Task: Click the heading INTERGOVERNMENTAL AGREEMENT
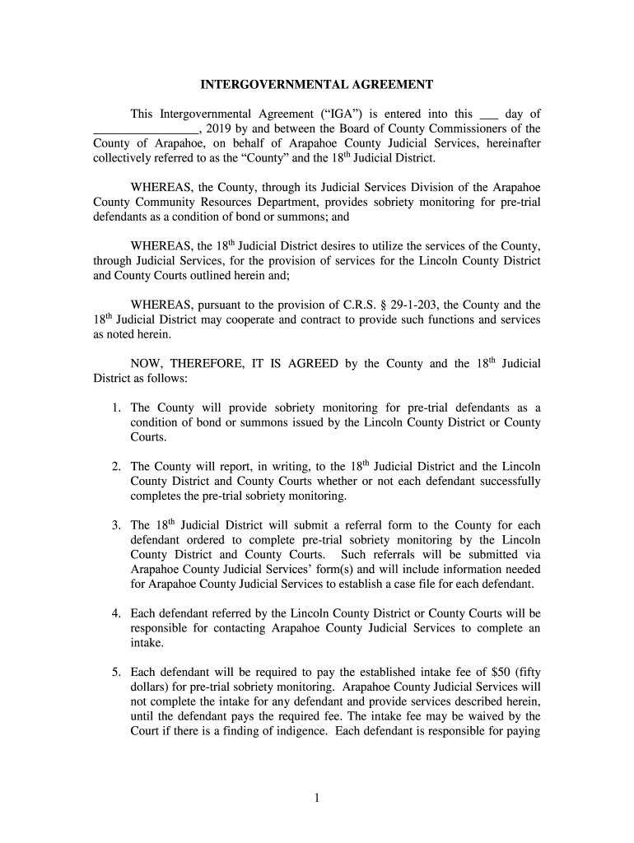pos(318,85)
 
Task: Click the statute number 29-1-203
pos(413,305)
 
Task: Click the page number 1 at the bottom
pos(317,797)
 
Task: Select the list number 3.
pos(118,525)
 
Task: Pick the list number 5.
pos(118,671)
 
